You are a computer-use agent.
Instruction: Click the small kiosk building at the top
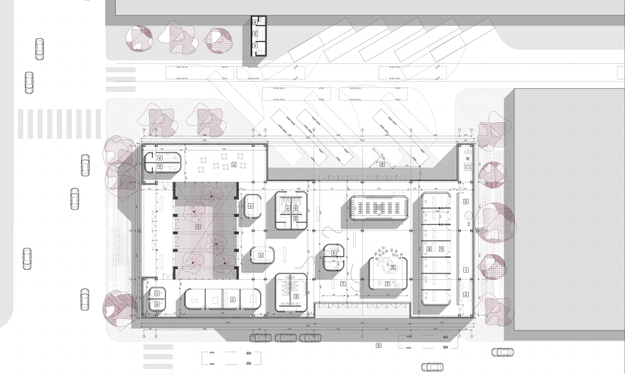[258, 39]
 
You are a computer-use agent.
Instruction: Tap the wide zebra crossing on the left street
[59, 124]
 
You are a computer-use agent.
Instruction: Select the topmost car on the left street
[40, 49]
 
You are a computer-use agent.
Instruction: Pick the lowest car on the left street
[85, 298]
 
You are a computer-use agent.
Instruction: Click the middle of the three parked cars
[286, 337]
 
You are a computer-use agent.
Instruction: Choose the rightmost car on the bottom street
[502, 352]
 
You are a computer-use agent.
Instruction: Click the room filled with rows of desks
[377, 208]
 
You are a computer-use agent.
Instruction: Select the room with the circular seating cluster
[387, 271]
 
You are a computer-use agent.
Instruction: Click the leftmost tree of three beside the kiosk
[139, 39]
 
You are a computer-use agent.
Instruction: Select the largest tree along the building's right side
[496, 222]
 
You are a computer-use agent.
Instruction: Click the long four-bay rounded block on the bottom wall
[222, 298]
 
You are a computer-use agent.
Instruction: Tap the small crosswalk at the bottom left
[158, 354]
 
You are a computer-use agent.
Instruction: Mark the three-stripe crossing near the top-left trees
[120, 79]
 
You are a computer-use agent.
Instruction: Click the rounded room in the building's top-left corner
[162, 161]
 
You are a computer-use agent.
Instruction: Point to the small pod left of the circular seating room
[333, 256]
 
